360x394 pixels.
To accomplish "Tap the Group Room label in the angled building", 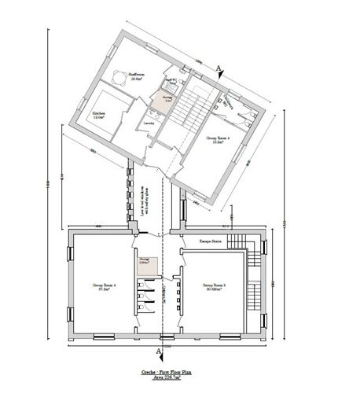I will [219, 139].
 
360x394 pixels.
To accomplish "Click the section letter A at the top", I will [219, 69].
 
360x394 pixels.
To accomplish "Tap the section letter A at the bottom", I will [160, 350].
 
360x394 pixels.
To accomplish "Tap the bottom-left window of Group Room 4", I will [102, 338].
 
